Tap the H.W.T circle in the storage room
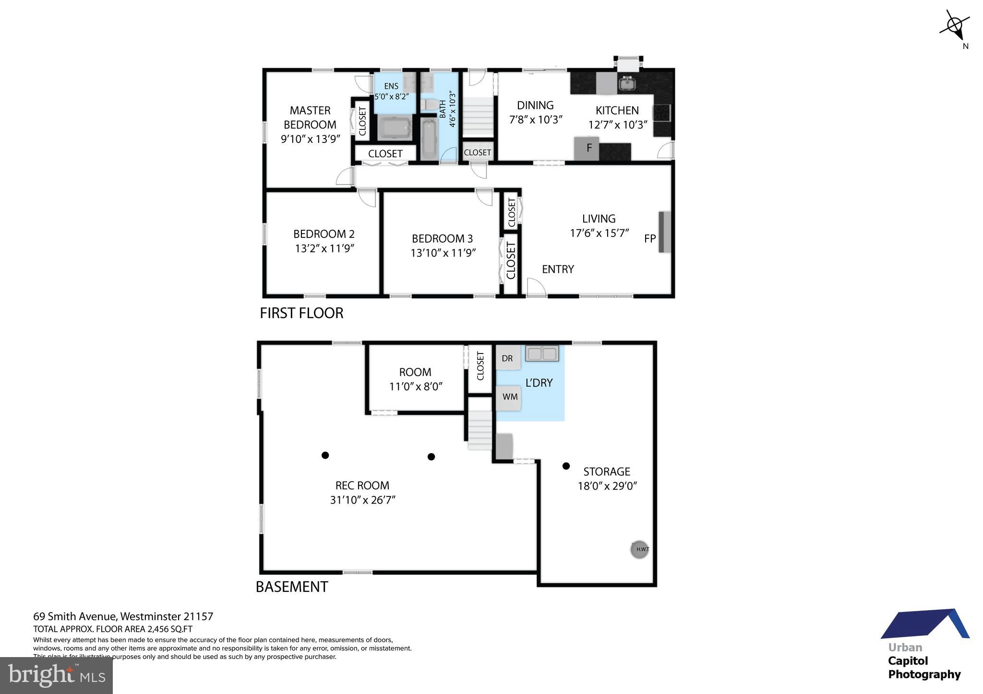coord(639,549)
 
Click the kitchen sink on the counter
coord(626,84)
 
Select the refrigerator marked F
coord(586,148)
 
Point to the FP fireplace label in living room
coord(649,238)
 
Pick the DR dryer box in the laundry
coord(507,358)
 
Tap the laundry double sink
coord(542,354)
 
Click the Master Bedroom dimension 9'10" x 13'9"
coord(310,139)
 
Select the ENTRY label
coord(558,269)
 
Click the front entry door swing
coord(536,287)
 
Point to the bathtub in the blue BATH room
coord(428,139)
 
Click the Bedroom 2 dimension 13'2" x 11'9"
coord(324,248)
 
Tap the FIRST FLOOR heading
coord(301,313)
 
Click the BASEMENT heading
coord(292,587)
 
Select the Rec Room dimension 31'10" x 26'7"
coord(362,500)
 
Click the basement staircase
coord(480,430)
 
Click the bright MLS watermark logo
coord(56,675)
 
